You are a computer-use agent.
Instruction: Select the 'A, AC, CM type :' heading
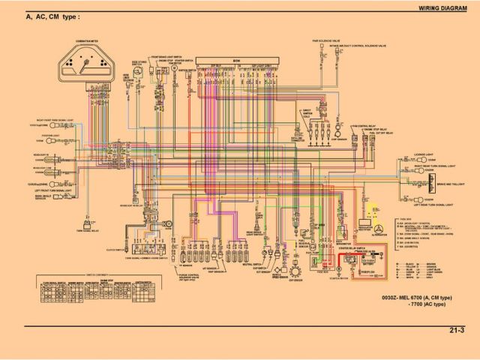pos(53,16)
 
